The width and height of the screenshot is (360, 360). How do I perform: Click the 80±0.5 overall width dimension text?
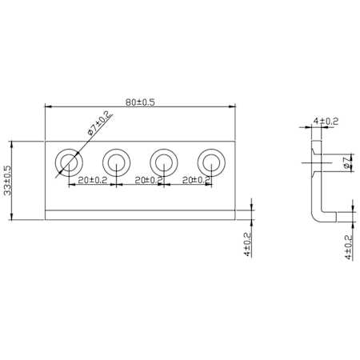pos(140,102)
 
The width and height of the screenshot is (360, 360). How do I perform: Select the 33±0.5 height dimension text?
pos(8,180)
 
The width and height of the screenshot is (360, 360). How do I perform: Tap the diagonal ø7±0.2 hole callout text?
pos(99,123)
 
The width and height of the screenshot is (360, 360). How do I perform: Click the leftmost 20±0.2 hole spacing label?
pos(92,180)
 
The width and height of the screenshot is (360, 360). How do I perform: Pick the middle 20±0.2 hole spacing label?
pos(149,180)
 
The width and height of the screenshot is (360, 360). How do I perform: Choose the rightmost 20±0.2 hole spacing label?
pos(197,180)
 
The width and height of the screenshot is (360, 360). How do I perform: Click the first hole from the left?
pos(69,162)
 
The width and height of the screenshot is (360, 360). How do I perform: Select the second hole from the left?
pos(117,162)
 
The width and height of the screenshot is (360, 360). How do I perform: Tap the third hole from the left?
pos(164,162)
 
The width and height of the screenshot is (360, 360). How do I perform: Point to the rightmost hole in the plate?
pos(211,162)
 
